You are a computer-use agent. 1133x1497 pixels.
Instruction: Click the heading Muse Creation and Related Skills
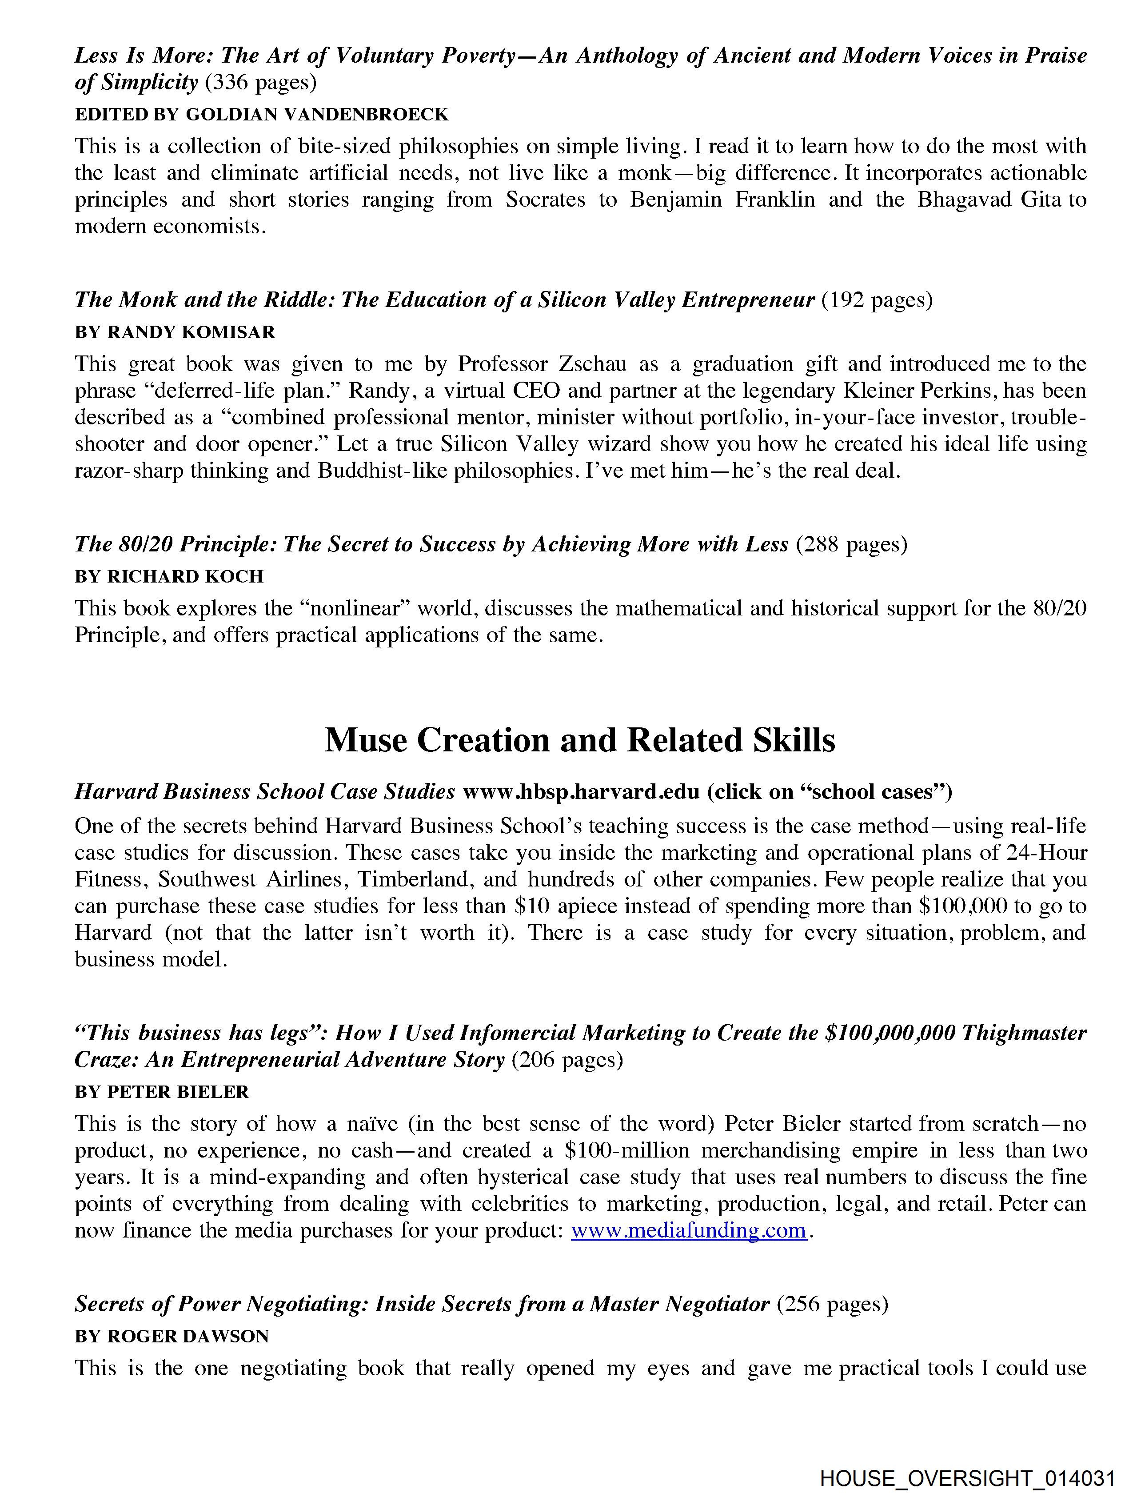coord(579,740)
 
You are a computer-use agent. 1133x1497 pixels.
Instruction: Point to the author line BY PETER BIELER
coord(162,1092)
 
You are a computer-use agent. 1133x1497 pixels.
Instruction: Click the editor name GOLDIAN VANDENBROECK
coord(317,114)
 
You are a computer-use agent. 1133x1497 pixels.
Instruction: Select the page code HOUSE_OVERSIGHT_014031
coord(967,1477)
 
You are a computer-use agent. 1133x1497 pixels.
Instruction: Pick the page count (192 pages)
coord(877,300)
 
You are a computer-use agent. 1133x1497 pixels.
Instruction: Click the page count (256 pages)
coord(832,1303)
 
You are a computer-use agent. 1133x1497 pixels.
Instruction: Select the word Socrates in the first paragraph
coord(545,200)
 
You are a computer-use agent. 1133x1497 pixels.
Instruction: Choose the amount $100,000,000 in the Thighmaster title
coord(890,1033)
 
